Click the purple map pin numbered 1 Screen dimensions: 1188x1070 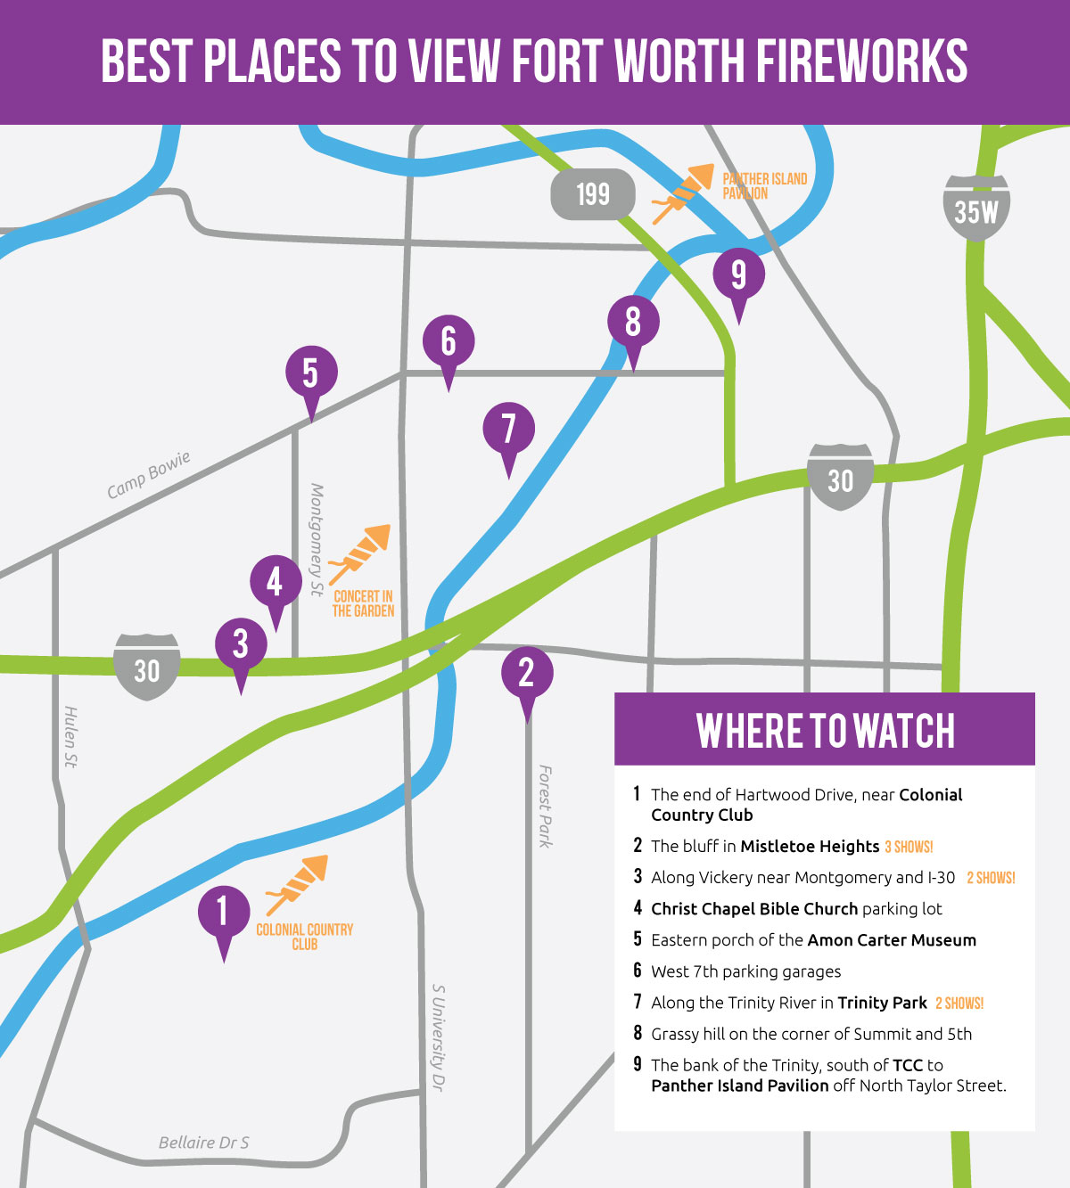(223, 914)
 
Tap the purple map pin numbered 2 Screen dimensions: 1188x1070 (527, 674)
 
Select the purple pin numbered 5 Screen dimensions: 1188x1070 (311, 374)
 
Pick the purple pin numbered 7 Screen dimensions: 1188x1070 (508, 430)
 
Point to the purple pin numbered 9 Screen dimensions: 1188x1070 (738, 275)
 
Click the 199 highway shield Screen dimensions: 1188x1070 (593, 194)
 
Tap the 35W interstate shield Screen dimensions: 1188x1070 (975, 209)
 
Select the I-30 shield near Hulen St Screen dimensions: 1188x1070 (147, 668)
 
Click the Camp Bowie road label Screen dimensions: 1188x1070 (149, 475)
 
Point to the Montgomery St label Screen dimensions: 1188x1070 (316, 539)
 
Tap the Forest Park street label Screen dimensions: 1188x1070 (545, 806)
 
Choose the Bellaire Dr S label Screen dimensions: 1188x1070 (204, 1143)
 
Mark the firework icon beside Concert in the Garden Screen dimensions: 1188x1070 (360, 553)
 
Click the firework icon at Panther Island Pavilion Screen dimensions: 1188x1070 (683, 193)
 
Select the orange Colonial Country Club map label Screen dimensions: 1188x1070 (305, 937)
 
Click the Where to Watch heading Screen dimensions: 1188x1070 (825, 731)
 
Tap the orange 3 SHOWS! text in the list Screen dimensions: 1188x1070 (909, 847)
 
